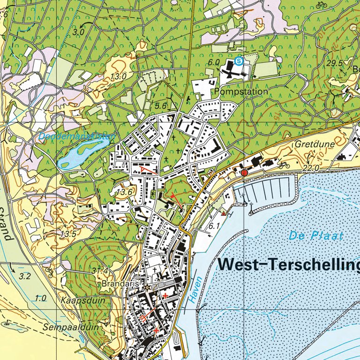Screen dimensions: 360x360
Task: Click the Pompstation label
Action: [x=241, y=92]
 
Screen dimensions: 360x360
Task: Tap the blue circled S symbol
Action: [x=240, y=60]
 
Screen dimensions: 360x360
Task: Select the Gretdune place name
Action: [x=315, y=144]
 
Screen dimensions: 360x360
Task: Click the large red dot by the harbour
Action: [x=244, y=173]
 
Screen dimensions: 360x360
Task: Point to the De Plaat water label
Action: [x=316, y=236]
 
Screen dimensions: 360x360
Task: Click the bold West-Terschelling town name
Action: [x=289, y=265]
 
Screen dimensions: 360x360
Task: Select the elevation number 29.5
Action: [x=335, y=63]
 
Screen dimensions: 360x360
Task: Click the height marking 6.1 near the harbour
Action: [x=214, y=226]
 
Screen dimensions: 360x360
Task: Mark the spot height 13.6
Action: [x=124, y=192]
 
